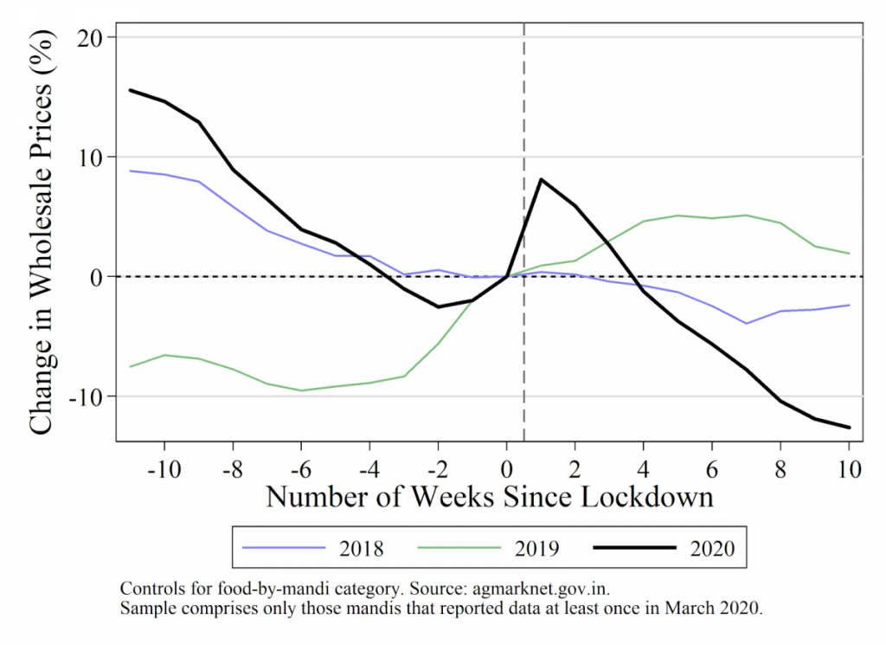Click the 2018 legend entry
pos(313,548)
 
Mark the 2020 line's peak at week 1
pos(541,179)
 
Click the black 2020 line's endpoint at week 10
pos(849,427)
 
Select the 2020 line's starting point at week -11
pos(131,90)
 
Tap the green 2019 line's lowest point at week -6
pos(301,390)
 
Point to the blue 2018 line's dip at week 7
pos(746,323)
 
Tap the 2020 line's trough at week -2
pos(438,306)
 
